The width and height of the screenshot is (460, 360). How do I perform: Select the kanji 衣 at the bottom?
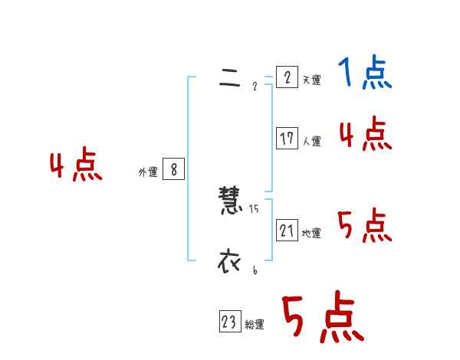click(229, 261)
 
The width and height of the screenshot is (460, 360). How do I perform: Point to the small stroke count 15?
click(254, 209)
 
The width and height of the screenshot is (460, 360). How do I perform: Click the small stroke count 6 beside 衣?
click(255, 269)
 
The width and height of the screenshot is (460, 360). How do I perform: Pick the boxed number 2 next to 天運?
click(287, 77)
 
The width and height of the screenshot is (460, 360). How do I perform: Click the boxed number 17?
click(287, 139)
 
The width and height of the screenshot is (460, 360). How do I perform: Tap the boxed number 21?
click(287, 229)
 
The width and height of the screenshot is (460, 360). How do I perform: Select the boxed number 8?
click(174, 169)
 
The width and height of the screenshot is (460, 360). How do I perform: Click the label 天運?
click(311, 80)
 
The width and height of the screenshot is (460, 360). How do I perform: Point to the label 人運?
click(311, 141)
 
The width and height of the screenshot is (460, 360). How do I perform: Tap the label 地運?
click(311, 233)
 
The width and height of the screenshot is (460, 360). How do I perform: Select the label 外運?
click(147, 172)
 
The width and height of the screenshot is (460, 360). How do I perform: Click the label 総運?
click(255, 325)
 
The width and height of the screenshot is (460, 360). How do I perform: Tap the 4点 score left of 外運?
click(76, 165)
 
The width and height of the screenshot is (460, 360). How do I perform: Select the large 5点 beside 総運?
click(322, 318)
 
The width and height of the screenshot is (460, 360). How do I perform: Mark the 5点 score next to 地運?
click(365, 226)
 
